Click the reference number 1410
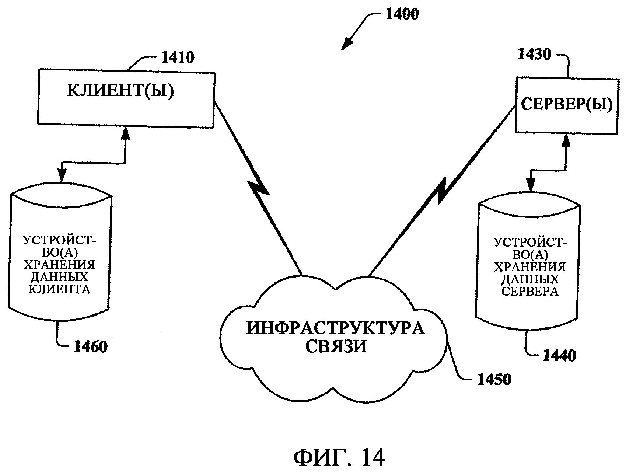pos(178,58)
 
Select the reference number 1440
pos(560,356)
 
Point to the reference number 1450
pos(494,379)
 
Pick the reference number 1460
pos(91,346)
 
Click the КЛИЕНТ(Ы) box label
pos(120,91)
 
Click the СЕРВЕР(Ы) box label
pos(566,105)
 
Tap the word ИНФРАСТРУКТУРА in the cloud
pos(335,328)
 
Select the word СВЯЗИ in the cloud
pos(336,346)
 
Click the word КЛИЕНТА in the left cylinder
pos(60,289)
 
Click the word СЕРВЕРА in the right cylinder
pos(531,291)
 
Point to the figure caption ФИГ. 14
pos(339,458)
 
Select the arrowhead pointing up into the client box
pos(126,132)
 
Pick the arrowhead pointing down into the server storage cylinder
pos(531,186)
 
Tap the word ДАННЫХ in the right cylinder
pos(530,279)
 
